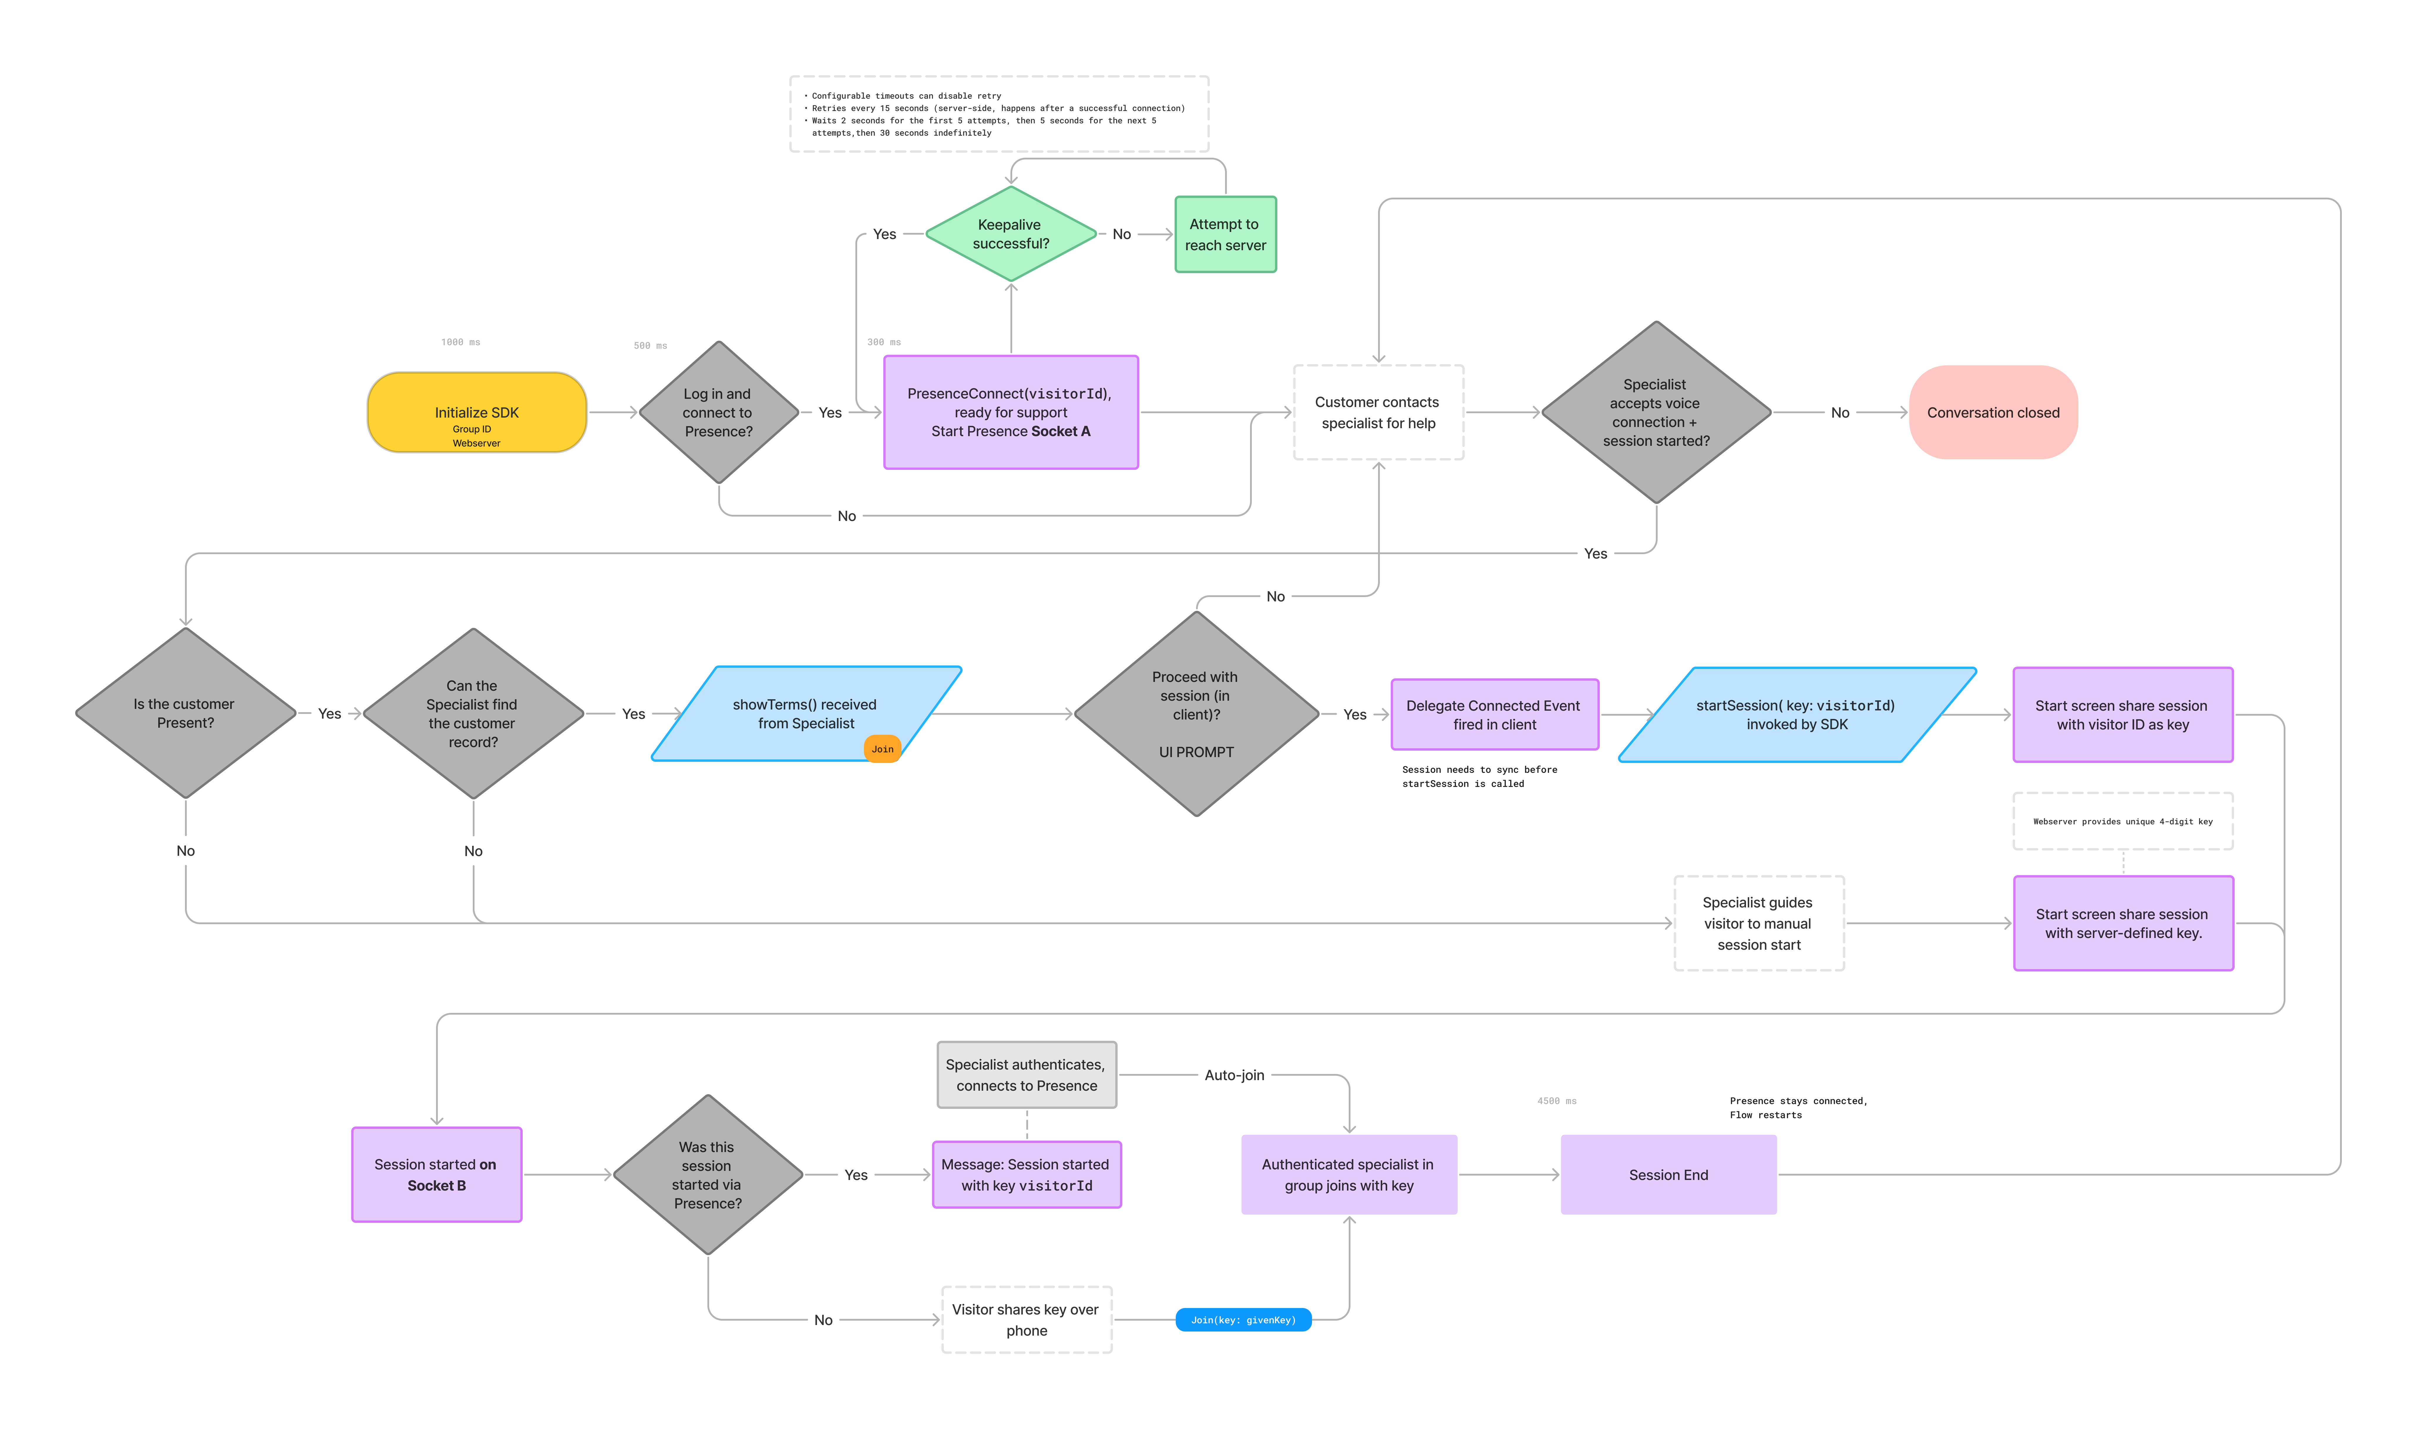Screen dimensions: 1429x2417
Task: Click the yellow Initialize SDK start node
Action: pyautogui.click(x=477, y=412)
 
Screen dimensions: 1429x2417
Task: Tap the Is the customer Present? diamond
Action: pyautogui.click(x=185, y=714)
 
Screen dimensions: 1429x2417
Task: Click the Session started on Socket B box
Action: pyautogui.click(x=436, y=1175)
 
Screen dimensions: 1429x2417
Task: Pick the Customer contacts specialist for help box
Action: pyautogui.click(x=1377, y=412)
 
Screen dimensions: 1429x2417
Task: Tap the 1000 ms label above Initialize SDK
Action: pyautogui.click(x=460, y=342)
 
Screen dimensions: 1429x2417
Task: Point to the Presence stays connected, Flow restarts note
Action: pyautogui.click(x=1797, y=1107)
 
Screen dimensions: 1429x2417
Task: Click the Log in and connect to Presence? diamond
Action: pyautogui.click(x=718, y=412)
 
